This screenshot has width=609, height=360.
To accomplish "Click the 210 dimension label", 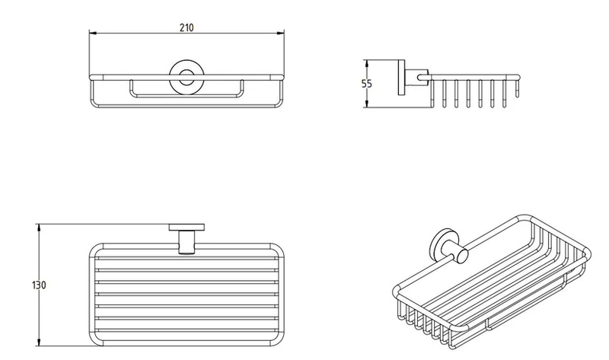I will [187, 27].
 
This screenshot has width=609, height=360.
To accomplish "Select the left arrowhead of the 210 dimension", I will [93, 33].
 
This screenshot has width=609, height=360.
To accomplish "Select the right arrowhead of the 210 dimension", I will [282, 33].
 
